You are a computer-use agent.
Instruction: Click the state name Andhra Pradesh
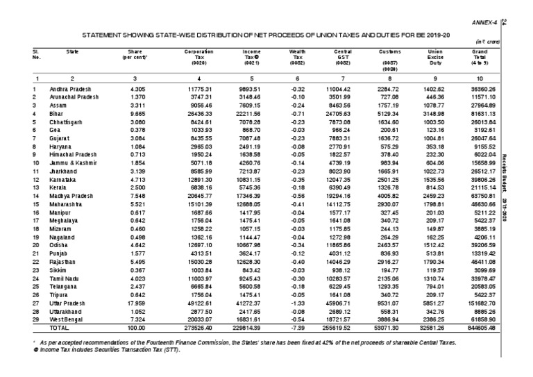pos(71,90)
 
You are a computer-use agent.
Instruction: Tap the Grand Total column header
pos(477,56)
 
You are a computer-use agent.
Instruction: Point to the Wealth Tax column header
pos(297,56)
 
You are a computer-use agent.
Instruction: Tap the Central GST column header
pos(341,56)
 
